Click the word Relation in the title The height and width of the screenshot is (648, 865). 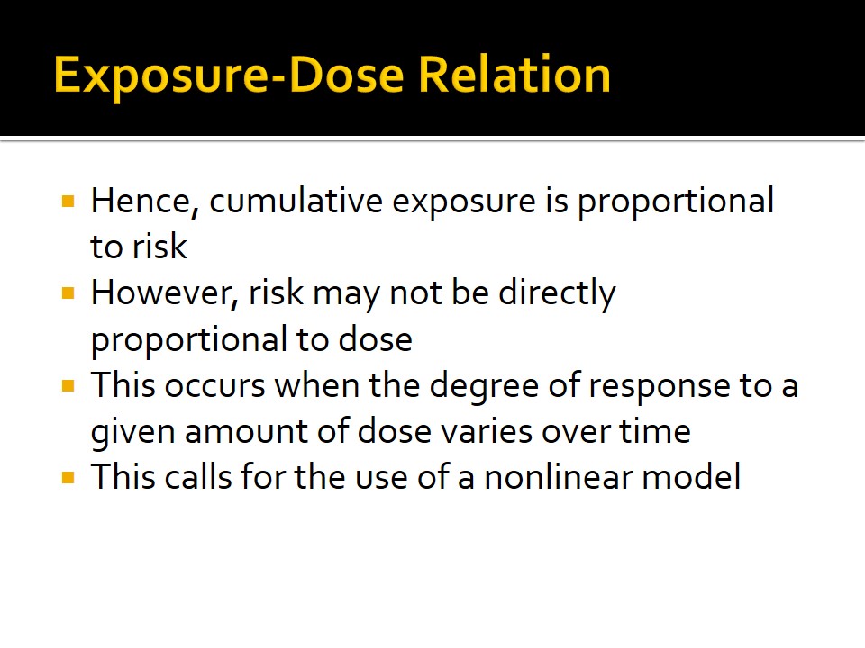pos(514,75)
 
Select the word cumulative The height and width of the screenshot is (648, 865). pos(296,201)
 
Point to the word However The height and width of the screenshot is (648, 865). pos(164,292)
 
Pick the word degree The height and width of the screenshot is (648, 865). pos(484,387)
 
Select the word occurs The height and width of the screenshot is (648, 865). pos(214,385)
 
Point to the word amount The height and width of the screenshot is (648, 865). pos(246,431)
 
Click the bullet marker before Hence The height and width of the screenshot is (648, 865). pos(68,201)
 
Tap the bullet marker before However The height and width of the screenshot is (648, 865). pos(68,293)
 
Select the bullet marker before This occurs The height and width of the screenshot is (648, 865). pos(68,385)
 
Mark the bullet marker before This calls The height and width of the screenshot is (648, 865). pos(68,477)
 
